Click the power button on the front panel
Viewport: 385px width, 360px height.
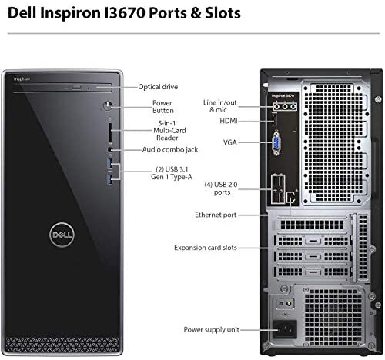click(108, 105)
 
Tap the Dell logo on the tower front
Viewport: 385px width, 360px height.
click(62, 235)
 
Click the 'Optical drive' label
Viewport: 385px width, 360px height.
click(158, 87)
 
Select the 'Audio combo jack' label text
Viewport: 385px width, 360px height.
click(170, 149)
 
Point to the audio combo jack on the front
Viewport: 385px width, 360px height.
click(110, 149)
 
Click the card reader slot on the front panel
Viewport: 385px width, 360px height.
click(110, 132)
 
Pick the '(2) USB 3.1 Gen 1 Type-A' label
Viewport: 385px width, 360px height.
click(172, 173)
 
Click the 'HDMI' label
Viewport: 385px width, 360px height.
click(229, 121)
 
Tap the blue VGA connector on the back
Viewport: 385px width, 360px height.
click(276, 144)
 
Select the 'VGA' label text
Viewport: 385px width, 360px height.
click(230, 142)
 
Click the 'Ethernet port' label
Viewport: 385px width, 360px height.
click(216, 215)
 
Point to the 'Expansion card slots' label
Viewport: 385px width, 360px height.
click(206, 248)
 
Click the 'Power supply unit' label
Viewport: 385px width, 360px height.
click(212, 329)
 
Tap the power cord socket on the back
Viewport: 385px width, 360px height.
click(285, 329)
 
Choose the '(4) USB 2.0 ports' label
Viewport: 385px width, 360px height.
click(221, 188)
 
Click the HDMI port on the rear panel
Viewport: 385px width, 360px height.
click(275, 121)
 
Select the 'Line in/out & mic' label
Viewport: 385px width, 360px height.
click(219, 106)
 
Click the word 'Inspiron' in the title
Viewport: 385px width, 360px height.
click(70, 13)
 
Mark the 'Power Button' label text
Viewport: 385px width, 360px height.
click(162, 107)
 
